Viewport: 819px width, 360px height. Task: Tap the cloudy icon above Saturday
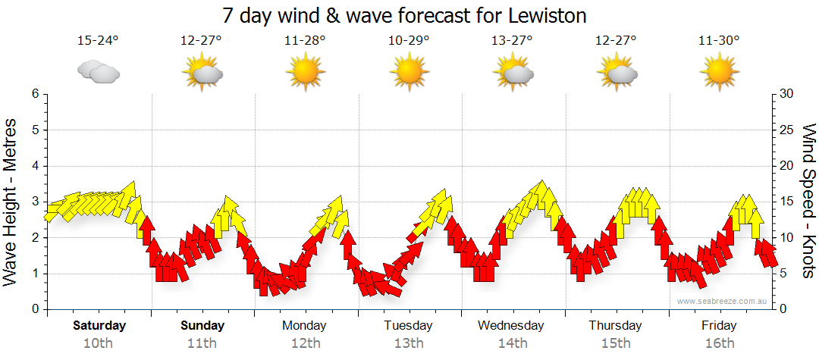point(98,73)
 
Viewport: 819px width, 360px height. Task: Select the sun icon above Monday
point(305,73)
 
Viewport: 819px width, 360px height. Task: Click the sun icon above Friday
point(719,73)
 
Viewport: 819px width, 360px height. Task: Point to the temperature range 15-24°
point(98,41)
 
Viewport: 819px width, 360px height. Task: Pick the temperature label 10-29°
point(409,41)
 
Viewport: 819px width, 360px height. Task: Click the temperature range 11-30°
point(719,41)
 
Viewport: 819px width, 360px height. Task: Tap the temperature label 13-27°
point(512,41)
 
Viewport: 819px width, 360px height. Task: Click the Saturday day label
point(99,326)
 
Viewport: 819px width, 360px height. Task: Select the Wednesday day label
point(511,326)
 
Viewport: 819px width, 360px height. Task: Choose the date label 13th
point(409,343)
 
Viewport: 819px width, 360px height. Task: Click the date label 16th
point(719,343)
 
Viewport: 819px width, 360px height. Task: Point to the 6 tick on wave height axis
point(35,94)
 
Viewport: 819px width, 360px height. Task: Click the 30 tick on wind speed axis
point(786,94)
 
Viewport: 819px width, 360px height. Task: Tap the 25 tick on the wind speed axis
point(786,130)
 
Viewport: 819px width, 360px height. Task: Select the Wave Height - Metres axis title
point(11,202)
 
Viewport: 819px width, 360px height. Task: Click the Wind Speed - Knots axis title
point(808,202)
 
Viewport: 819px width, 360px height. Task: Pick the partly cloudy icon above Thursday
point(616,73)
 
